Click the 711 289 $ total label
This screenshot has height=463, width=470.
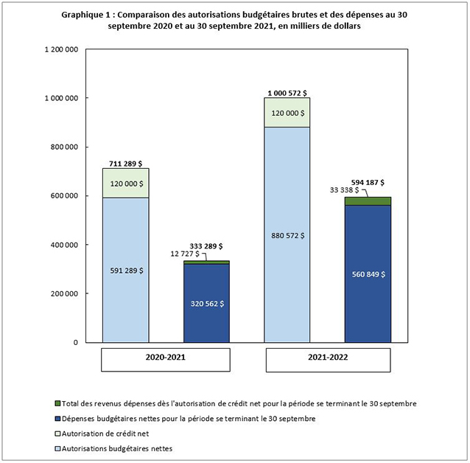point(125,163)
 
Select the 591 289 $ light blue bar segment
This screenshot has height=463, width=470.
point(125,270)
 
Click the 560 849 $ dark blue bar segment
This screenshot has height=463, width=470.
point(366,274)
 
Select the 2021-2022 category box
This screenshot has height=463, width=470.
point(328,360)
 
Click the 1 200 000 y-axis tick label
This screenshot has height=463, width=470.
point(62,49)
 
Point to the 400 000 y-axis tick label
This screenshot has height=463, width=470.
point(65,245)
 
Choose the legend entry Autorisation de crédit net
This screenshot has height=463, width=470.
point(106,433)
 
